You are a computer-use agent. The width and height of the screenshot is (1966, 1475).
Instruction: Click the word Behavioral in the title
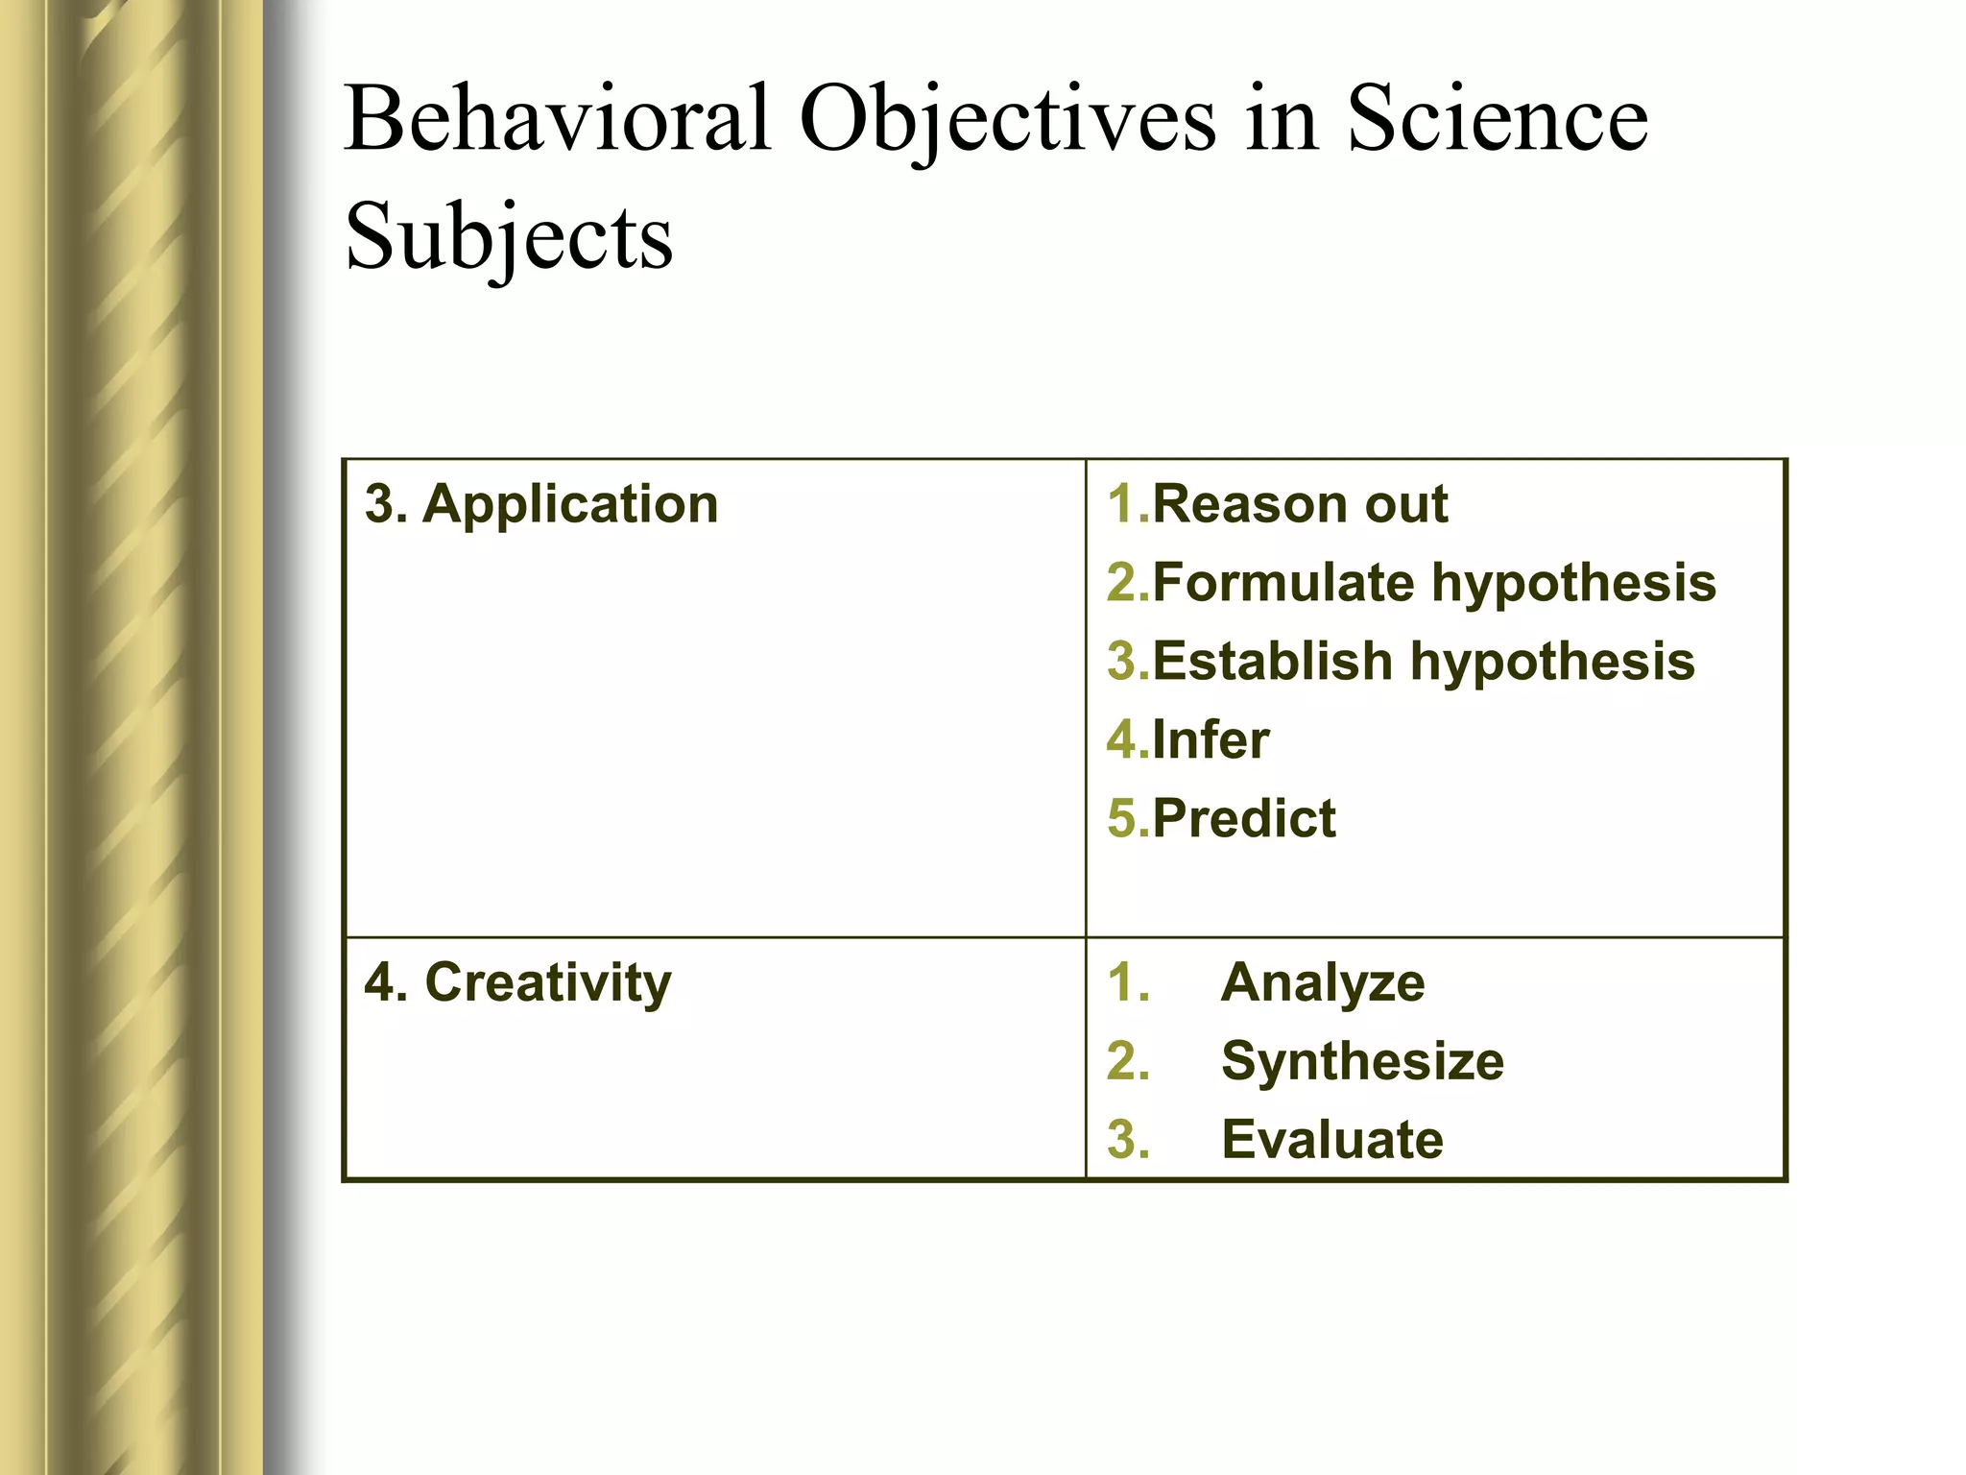click(558, 119)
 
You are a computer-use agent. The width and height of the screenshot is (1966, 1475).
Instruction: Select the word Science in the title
click(1498, 119)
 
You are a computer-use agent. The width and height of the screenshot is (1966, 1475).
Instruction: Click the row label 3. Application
click(541, 503)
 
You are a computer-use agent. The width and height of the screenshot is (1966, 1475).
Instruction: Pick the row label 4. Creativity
click(518, 982)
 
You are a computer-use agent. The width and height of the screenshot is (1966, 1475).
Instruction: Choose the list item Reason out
click(1299, 503)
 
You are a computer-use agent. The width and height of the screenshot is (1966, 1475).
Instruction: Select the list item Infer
click(1210, 739)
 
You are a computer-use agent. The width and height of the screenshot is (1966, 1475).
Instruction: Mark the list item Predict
click(1243, 818)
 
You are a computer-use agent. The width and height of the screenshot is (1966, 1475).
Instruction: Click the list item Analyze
click(1323, 982)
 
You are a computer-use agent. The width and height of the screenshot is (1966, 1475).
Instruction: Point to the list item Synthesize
click(1362, 1061)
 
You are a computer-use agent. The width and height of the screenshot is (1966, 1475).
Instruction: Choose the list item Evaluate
click(1331, 1140)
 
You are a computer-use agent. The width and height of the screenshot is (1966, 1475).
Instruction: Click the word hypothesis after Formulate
click(1573, 583)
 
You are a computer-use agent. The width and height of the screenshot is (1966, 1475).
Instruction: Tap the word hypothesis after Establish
click(1552, 662)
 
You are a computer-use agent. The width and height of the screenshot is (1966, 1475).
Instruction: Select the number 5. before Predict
click(1128, 818)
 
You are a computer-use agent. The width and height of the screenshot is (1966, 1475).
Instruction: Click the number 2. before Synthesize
click(1128, 1061)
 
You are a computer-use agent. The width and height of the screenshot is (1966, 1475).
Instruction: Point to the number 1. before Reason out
click(1128, 503)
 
